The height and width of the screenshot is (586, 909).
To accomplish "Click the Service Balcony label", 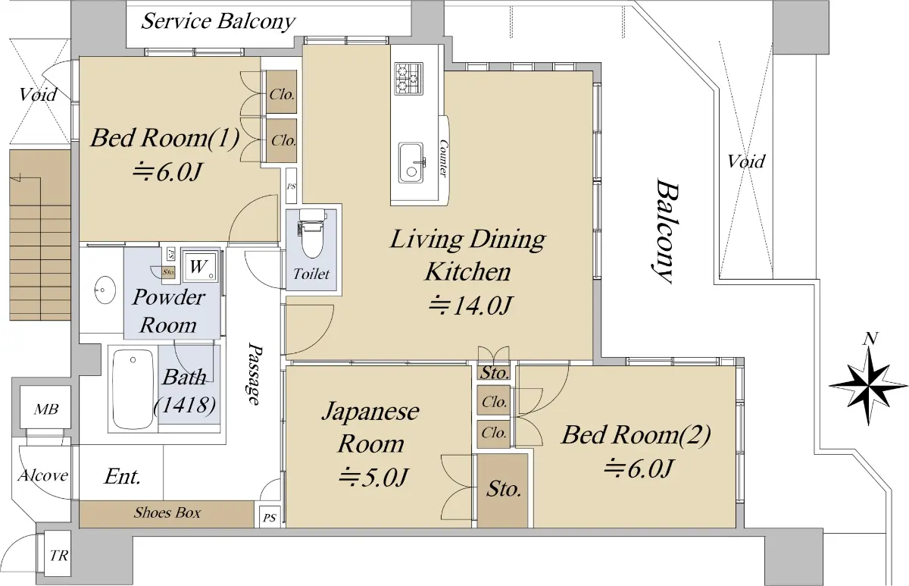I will (x=218, y=20).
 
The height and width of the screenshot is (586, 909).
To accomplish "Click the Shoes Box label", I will (x=167, y=513).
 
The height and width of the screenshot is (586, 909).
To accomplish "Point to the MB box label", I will (x=42, y=410).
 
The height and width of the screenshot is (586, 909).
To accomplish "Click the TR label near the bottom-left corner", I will (x=58, y=556).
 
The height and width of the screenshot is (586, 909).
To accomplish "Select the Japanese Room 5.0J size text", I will (x=373, y=477).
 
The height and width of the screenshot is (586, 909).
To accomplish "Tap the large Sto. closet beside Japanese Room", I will (x=503, y=489).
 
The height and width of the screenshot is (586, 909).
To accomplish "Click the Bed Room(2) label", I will (x=636, y=435).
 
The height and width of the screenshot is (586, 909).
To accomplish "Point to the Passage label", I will (x=255, y=374).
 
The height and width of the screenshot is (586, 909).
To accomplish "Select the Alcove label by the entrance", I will (x=43, y=476).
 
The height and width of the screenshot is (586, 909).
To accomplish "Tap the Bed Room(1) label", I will (x=165, y=139).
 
